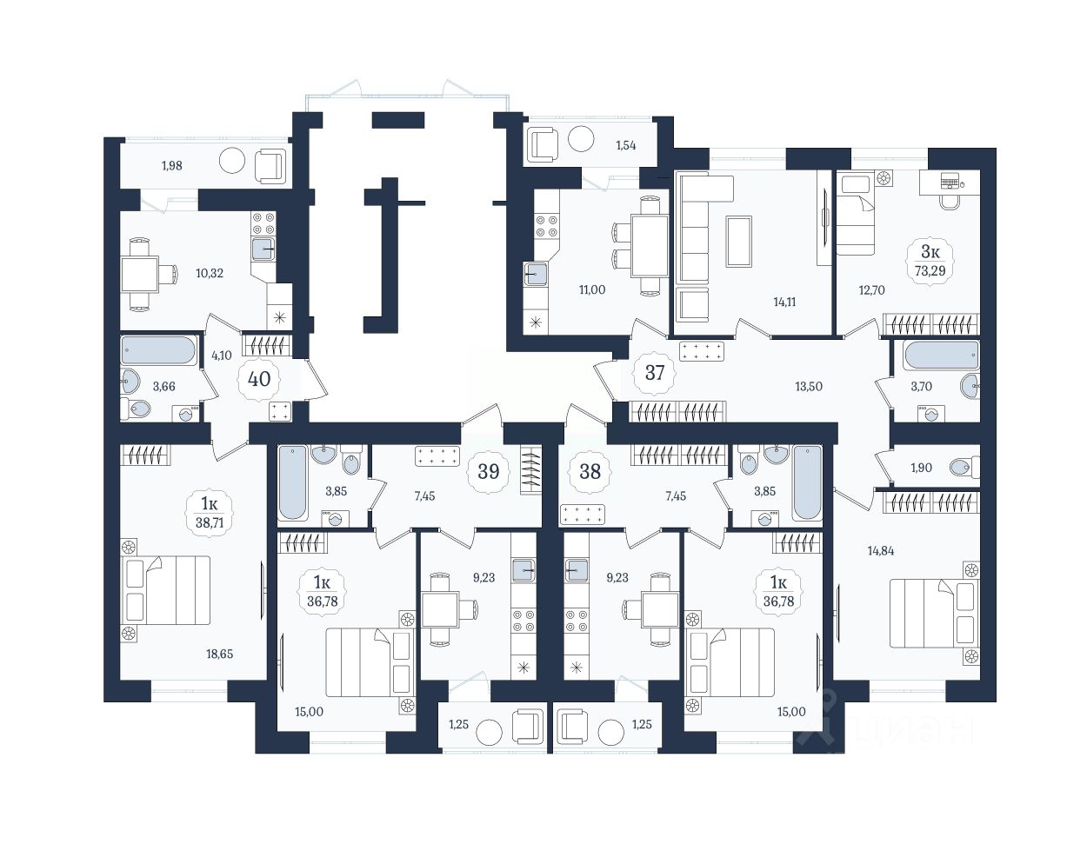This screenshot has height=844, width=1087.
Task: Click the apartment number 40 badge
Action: (259, 379)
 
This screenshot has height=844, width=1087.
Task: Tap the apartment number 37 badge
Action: (654, 373)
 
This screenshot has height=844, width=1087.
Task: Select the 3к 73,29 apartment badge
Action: (930, 261)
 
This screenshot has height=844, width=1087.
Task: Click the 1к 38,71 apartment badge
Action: (210, 513)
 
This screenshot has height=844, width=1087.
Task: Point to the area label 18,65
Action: (220, 654)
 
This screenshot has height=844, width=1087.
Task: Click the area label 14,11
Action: (784, 302)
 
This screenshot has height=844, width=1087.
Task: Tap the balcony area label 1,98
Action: (171, 165)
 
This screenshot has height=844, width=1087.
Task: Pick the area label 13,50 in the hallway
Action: (809, 386)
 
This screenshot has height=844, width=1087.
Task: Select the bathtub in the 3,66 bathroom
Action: (158, 350)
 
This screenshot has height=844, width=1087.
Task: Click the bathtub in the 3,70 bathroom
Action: (941, 356)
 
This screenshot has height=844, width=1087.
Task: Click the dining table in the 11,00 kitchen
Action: (650, 245)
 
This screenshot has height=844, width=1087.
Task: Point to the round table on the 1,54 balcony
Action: (580, 138)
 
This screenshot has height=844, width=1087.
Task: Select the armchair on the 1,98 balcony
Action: (270, 165)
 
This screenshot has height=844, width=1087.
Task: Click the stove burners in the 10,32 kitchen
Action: (263, 223)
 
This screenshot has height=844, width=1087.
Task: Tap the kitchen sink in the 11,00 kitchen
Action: (537, 274)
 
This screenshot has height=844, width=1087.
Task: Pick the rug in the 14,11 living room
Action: (739, 242)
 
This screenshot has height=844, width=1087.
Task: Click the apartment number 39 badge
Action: (488, 471)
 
